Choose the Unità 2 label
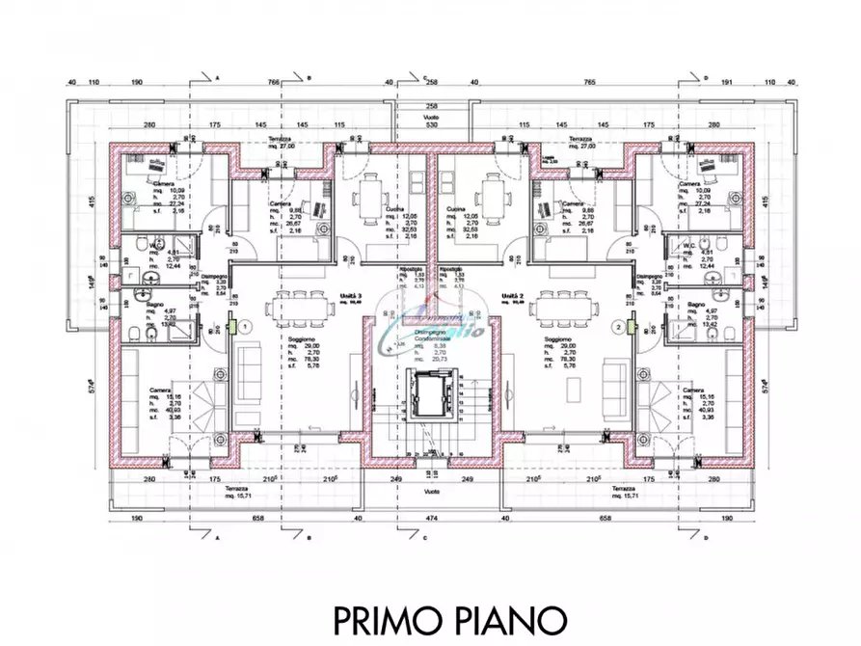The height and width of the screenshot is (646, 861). click(510, 297)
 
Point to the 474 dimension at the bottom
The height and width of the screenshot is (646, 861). click(431, 518)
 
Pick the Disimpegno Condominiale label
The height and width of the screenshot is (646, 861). click(431, 335)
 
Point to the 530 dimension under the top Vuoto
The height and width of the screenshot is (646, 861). click(431, 125)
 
